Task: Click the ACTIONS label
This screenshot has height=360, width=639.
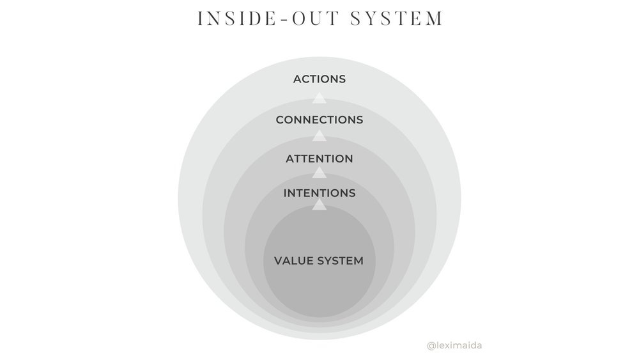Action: click(319, 79)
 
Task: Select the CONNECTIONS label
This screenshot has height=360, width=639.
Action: click(319, 120)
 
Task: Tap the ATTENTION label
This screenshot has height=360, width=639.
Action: click(319, 159)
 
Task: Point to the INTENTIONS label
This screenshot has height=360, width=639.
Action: click(319, 192)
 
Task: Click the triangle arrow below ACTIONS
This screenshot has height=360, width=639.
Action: click(319, 98)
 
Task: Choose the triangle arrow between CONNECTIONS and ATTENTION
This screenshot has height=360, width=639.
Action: click(319, 136)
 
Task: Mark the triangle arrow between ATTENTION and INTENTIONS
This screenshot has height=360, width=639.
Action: click(319, 173)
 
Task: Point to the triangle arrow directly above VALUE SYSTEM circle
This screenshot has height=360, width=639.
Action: click(319, 205)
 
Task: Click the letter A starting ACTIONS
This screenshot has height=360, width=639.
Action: click(297, 79)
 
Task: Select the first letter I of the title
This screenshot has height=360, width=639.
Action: click(200, 19)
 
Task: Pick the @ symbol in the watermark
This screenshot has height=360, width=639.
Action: click(430, 346)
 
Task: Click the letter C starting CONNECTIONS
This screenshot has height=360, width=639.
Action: click(280, 120)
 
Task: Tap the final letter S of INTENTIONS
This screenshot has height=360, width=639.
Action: click(352, 192)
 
